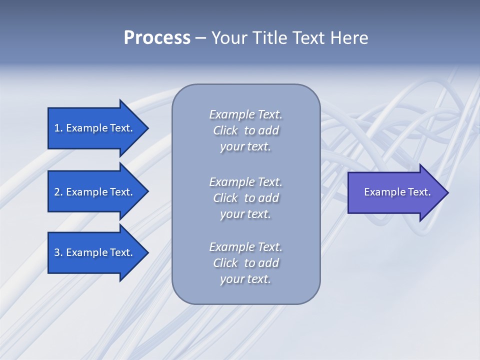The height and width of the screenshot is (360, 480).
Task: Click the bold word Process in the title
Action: [157, 38]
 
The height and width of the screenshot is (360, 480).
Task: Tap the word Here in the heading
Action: [349, 38]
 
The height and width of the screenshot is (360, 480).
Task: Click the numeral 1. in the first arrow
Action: [58, 128]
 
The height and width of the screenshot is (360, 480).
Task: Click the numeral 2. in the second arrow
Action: [58, 192]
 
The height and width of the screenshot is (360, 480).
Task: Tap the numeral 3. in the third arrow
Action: [58, 252]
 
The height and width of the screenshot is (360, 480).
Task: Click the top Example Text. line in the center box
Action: [245, 114]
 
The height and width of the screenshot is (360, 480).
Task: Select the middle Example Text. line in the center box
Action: [245, 182]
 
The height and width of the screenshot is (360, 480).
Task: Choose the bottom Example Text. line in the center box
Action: [245, 247]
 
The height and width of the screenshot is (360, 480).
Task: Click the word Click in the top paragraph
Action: [225, 130]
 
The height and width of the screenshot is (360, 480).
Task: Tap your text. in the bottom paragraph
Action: [245, 279]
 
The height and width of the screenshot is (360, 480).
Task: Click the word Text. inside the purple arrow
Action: [418, 192]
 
